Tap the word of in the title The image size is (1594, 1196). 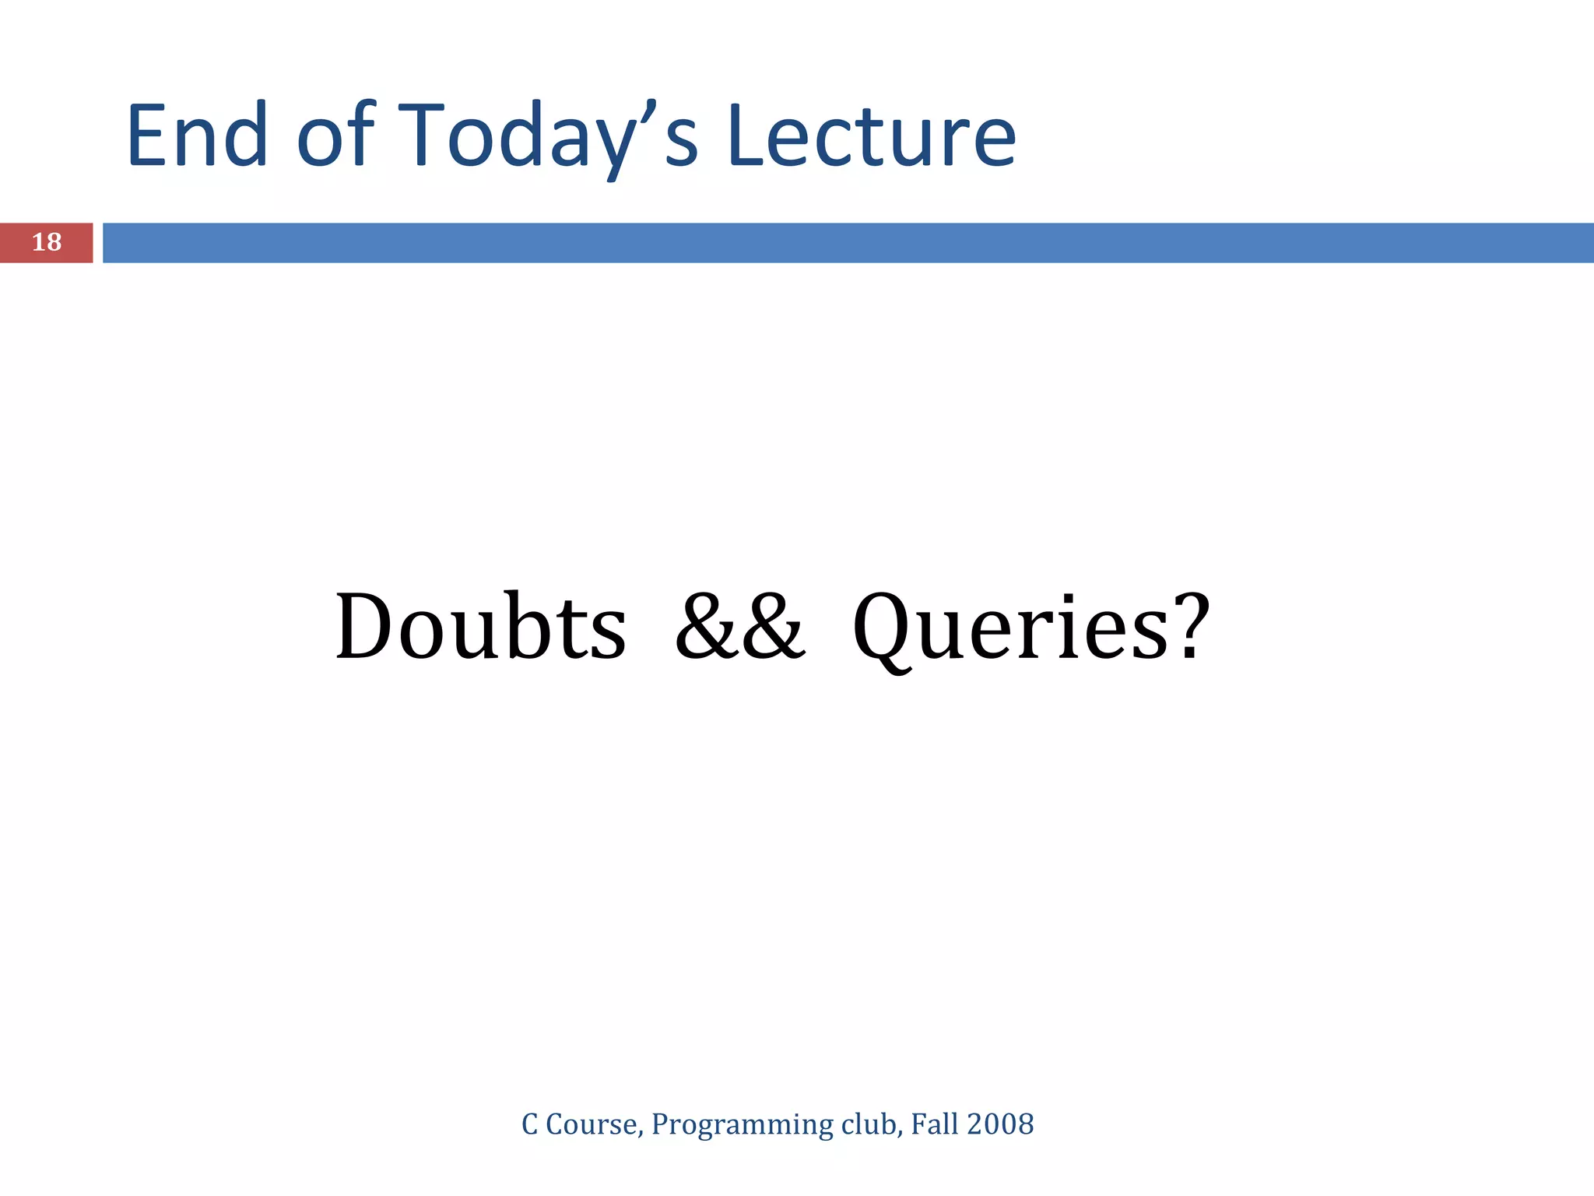click(335, 136)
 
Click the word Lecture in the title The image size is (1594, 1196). click(872, 136)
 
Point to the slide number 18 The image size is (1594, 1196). click(47, 242)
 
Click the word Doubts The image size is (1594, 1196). click(480, 628)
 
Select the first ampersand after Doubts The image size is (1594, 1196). click(707, 628)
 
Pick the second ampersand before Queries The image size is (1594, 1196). click(774, 628)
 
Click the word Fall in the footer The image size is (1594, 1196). click(934, 1124)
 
